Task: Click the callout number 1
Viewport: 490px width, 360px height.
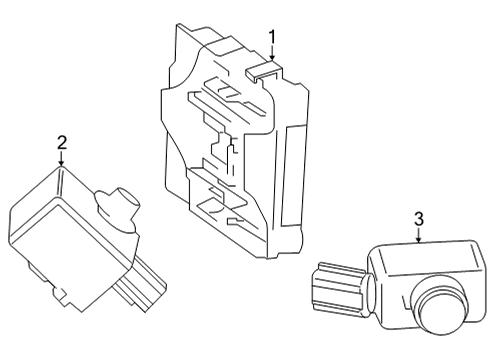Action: click(x=271, y=38)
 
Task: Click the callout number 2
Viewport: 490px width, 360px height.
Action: click(x=62, y=143)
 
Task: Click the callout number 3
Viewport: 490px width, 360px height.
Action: click(x=419, y=219)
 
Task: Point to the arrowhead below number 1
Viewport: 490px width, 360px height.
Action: click(x=271, y=61)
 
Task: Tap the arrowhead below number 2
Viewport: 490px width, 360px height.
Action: click(x=62, y=166)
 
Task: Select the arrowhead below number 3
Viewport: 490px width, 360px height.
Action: click(x=419, y=241)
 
